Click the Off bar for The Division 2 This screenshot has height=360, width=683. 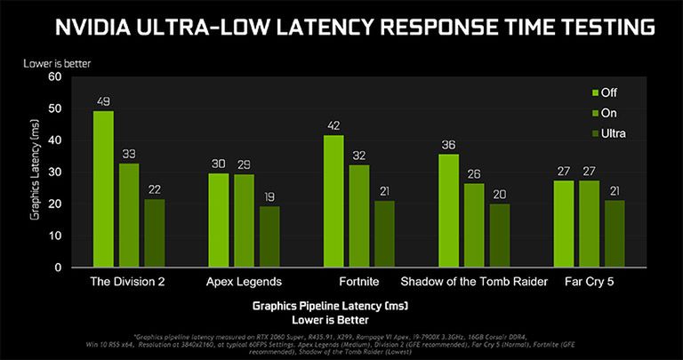click(x=103, y=188)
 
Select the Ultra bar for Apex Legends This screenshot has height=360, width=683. click(x=269, y=236)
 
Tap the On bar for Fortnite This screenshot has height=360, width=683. click(x=359, y=216)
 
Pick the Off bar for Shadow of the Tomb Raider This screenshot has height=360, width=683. click(x=448, y=211)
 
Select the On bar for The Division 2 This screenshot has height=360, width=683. click(x=129, y=215)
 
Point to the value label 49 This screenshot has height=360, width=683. click(x=103, y=100)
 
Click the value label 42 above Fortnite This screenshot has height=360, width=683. click(x=333, y=125)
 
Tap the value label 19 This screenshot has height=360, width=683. click(x=269, y=197)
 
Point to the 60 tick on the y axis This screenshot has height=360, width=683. click(x=54, y=76)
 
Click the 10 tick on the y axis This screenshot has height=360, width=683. click(x=54, y=236)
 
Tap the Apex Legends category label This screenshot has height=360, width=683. click(x=245, y=282)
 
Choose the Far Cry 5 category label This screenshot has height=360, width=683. click(x=589, y=282)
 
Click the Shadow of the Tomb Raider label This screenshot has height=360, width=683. click(x=474, y=282)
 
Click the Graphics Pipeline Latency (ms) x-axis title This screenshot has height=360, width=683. click(x=330, y=305)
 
